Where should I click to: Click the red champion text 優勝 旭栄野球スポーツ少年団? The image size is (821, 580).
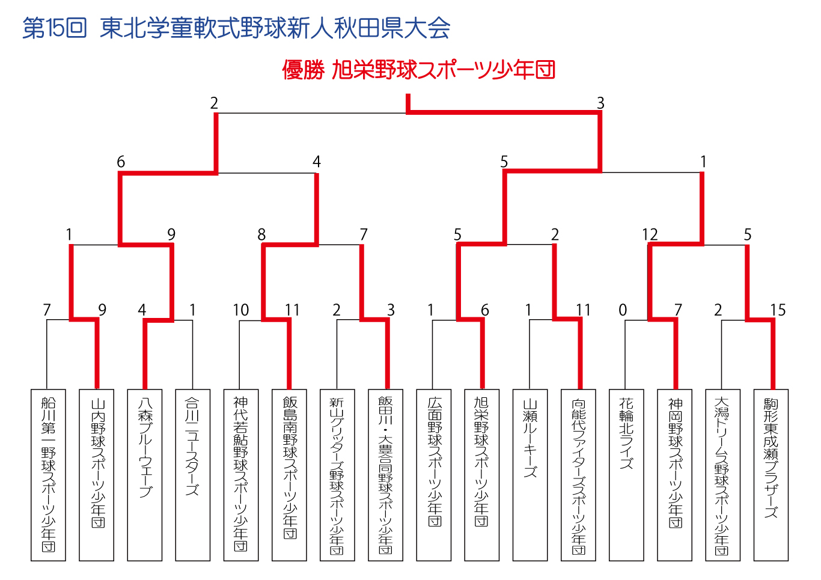point(418,70)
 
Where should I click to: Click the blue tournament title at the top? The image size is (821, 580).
point(236,28)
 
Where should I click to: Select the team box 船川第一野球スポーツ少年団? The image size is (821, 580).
point(48,475)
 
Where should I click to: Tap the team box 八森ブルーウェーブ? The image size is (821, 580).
point(145,475)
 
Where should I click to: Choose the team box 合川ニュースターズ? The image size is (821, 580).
point(193,475)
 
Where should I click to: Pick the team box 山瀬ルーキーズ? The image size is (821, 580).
point(530,475)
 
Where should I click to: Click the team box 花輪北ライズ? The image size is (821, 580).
point(626,475)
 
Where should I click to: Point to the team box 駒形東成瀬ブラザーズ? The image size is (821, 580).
point(771,475)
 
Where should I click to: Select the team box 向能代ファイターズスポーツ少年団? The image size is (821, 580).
point(578,475)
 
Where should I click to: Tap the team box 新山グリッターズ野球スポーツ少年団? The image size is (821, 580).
point(337,475)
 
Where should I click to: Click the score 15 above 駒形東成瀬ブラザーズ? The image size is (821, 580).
point(778,310)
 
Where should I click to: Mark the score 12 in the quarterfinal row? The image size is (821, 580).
point(650,234)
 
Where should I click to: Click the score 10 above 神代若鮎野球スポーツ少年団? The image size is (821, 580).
point(241,310)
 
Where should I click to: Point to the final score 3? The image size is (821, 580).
point(600,103)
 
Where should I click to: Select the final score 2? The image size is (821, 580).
point(214,103)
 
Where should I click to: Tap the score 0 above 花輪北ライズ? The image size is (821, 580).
point(622,310)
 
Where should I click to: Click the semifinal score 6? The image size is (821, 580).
point(121,162)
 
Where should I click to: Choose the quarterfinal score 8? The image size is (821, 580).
point(261,234)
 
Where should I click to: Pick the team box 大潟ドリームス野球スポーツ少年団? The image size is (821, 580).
point(723,475)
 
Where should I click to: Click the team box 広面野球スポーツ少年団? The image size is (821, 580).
point(433,475)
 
